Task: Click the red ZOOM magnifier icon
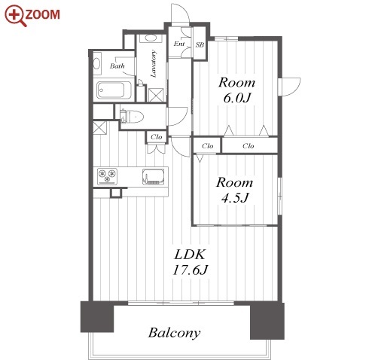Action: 15,16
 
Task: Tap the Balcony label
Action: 174,333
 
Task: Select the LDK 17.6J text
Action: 190,262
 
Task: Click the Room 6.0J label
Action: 236,90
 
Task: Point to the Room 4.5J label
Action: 234,190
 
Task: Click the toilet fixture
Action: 132,117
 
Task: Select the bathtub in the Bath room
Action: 114,90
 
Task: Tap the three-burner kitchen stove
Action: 108,175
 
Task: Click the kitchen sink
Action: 154,176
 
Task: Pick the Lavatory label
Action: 153,64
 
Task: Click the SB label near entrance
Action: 200,45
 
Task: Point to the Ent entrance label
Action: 179,44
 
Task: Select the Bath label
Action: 117,66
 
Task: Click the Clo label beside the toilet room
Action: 157,137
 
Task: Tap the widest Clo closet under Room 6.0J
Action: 248,145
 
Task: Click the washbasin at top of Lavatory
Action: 151,38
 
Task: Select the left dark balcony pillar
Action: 97,317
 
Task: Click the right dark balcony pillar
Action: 267,321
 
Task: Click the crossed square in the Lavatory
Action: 156,95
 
